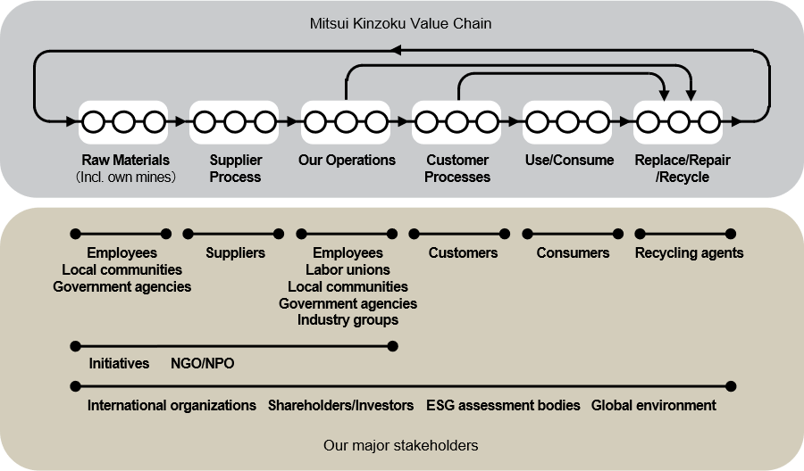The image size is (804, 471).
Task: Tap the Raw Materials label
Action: (125, 161)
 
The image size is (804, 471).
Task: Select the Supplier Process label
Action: (236, 169)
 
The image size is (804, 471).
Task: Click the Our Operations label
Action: (347, 161)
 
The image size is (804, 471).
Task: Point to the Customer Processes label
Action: (457, 169)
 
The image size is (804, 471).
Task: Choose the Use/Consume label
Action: (568, 161)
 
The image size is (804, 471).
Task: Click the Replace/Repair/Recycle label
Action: (679, 169)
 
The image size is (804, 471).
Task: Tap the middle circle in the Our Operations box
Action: (347, 120)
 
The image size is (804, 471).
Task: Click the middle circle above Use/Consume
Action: (568, 120)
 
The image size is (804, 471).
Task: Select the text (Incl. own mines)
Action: (125, 177)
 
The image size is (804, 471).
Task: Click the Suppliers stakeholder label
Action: (235, 253)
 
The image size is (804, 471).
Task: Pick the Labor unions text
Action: (348, 269)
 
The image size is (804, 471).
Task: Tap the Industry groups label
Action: (348, 319)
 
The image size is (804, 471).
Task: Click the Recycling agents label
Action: (689, 253)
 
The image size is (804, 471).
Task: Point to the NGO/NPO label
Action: (203, 364)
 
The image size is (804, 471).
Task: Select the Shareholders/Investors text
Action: (340, 406)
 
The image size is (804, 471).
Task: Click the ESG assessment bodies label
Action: (503, 406)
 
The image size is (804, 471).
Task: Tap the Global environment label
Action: (654, 406)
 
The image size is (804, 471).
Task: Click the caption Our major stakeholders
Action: (401, 444)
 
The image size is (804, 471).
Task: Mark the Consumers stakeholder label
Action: (573, 253)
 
